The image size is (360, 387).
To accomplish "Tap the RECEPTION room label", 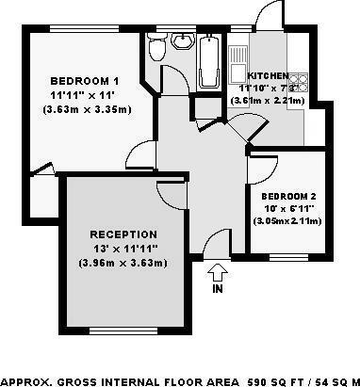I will coord(123,234).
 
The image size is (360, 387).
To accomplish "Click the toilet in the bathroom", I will coord(159,46).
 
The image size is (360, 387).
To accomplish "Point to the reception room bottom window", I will coord(122,329).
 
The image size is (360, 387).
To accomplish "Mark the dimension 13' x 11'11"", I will coord(123,248).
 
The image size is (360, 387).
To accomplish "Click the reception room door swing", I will coord(170,192).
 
